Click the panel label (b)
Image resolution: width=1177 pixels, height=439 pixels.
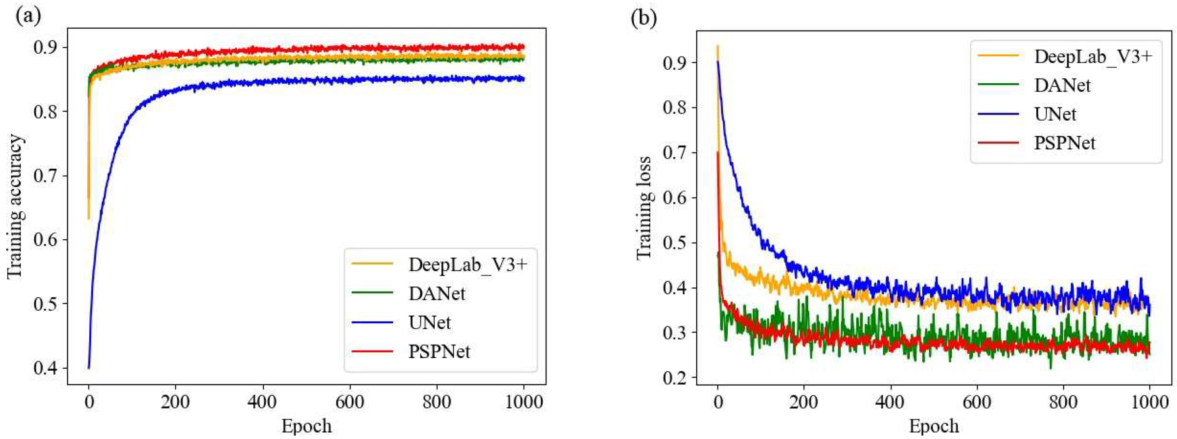click(x=643, y=18)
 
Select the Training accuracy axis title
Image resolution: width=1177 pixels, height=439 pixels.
click(x=15, y=206)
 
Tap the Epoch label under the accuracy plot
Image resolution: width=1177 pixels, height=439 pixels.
click(x=306, y=426)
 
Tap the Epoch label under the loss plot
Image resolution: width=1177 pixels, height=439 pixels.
click(x=933, y=426)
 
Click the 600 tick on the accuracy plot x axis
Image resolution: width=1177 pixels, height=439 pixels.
click(x=350, y=402)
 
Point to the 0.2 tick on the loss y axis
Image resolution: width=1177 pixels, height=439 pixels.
click(x=675, y=377)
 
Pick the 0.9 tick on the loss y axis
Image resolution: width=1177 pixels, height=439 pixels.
click(x=675, y=63)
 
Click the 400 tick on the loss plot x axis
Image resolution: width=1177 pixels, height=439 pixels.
click(x=891, y=402)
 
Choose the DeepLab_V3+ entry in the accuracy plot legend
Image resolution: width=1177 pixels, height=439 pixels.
click(x=468, y=264)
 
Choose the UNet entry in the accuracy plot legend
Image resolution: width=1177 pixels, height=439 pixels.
click(x=429, y=323)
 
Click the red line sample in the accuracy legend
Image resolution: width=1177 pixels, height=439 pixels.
click(x=373, y=351)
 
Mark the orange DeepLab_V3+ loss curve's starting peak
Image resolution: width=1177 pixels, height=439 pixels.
click(x=717, y=46)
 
